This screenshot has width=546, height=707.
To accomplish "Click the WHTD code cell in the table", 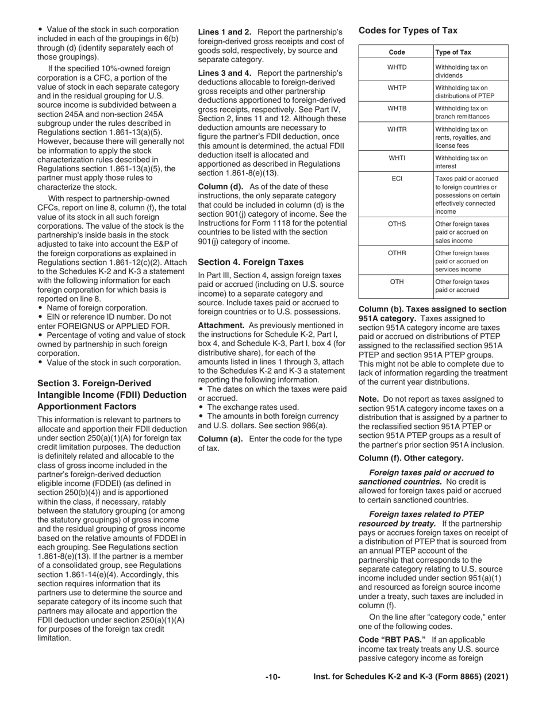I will pos(397,67).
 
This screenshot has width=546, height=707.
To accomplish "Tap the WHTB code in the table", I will pos(397,109).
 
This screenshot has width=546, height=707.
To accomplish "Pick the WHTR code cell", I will pos(397,129).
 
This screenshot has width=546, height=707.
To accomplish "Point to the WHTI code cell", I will pos(397,158).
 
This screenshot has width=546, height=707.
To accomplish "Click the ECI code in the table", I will pos(397,179).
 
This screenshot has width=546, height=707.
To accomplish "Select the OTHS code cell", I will pos(397,225).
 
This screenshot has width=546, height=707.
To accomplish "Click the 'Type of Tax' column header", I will pos(453,52).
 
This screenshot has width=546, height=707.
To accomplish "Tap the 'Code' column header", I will pos(397,52).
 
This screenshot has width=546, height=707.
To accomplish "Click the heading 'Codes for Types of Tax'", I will pos(408,30).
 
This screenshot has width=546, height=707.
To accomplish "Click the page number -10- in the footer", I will pos(272,678).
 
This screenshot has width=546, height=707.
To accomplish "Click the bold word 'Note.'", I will pos(368,399).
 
